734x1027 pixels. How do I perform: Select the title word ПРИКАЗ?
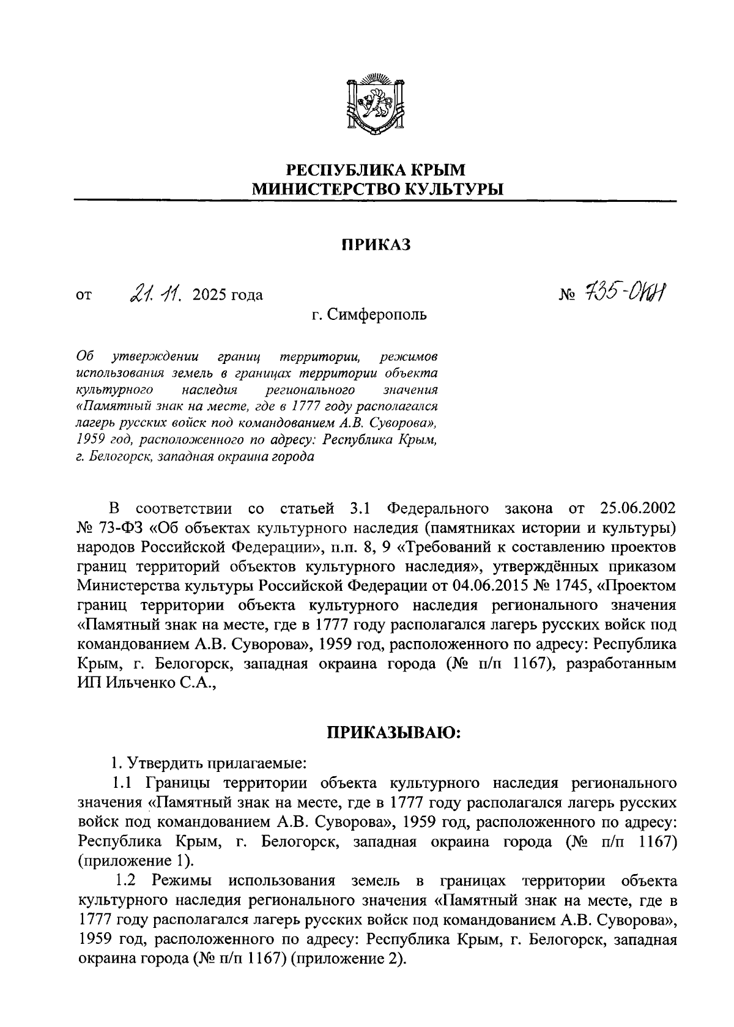click(375, 245)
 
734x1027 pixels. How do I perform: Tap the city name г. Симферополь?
click(369, 315)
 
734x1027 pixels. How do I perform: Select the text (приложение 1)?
click(135, 861)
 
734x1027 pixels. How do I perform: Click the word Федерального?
click(438, 509)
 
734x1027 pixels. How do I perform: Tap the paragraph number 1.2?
click(128, 881)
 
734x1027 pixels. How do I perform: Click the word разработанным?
click(621, 665)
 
